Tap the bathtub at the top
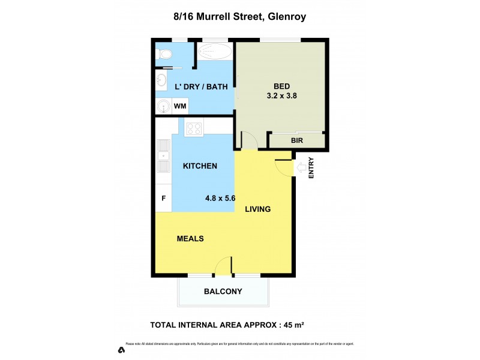point(214,51)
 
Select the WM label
point(180,107)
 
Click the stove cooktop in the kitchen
point(194,128)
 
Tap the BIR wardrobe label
point(296,141)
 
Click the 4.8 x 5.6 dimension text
point(220,197)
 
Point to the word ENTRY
point(311,167)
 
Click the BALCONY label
point(223,292)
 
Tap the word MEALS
point(190,239)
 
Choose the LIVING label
point(258,209)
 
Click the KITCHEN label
point(200,166)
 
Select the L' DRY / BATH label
point(201,87)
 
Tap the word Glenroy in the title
point(285,17)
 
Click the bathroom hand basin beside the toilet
point(161,80)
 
